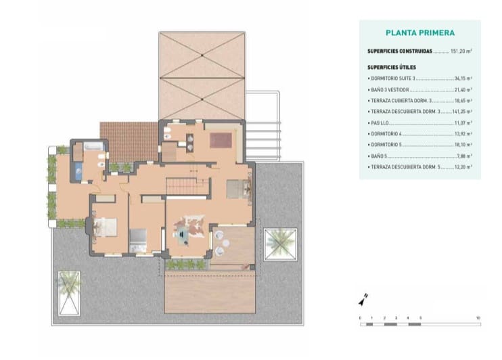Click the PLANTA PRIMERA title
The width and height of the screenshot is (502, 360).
coord(419,32)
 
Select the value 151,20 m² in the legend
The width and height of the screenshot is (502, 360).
coord(463,51)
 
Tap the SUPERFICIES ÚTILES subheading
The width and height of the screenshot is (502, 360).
coord(392,67)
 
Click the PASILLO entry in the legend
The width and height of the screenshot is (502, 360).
coord(379,122)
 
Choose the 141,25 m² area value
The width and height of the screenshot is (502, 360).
coord(462,111)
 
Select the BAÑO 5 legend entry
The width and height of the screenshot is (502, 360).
coord(379,155)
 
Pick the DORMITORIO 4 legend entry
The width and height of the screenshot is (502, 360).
coord(388,133)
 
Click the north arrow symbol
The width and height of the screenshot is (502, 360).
coord(363,298)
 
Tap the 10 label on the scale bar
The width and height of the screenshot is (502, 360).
coord(478,317)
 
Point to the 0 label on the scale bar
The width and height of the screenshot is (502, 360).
coord(361,317)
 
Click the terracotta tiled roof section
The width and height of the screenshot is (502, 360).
coord(129,141)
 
